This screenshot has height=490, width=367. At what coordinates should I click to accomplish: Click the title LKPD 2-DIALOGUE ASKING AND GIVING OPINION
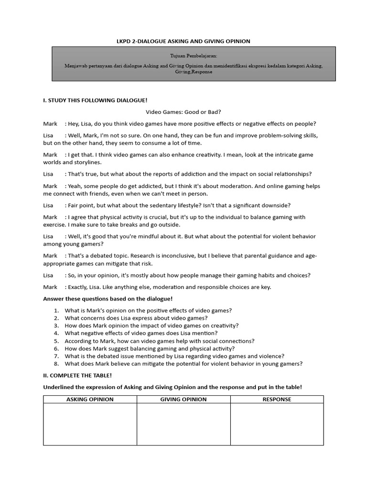(x=183, y=42)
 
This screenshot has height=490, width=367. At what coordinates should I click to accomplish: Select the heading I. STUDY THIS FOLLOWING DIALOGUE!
(x=95, y=100)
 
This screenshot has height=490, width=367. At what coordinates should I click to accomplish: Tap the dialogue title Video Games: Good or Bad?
(x=183, y=112)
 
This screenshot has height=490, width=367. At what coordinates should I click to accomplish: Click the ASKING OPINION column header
(x=90, y=399)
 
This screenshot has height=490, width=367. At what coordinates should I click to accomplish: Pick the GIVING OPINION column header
(x=183, y=399)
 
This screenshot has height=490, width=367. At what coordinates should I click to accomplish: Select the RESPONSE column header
(x=277, y=399)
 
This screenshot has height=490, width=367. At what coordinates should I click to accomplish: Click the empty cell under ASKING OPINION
(x=90, y=424)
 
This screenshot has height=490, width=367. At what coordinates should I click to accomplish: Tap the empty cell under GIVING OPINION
(x=183, y=424)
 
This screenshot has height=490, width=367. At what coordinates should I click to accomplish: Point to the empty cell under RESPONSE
(x=277, y=424)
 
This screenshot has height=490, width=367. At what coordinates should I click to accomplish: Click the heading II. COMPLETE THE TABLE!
(x=77, y=376)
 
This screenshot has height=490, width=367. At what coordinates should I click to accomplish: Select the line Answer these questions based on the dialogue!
(x=108, y=299)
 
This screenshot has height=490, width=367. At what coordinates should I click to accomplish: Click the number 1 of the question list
(x=56, y=311)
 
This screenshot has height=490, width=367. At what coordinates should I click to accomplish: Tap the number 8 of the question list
(x=56, y=364)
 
